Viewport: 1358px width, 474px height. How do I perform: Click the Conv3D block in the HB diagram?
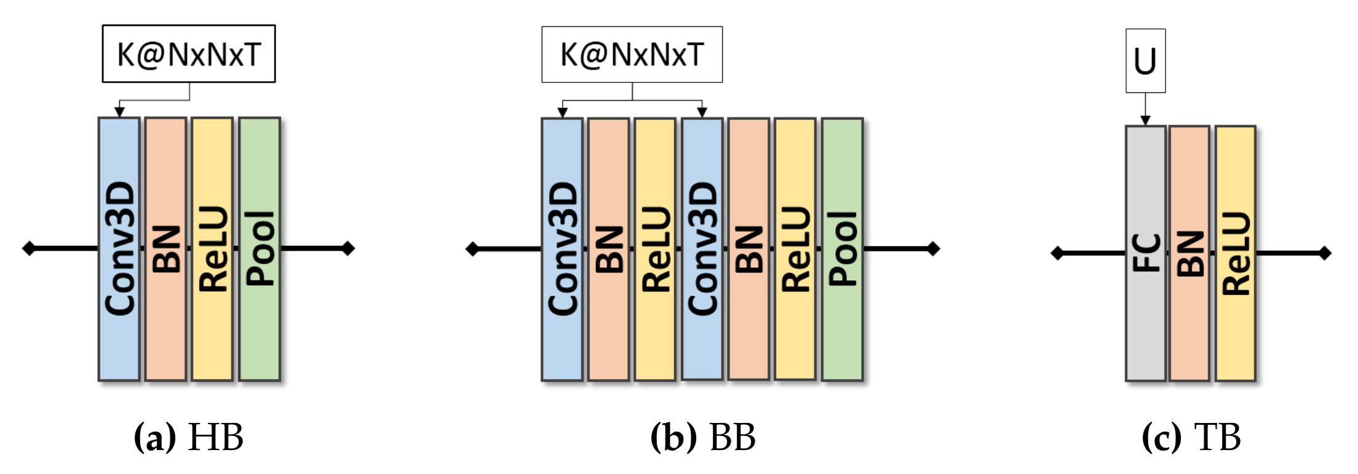[119, 249]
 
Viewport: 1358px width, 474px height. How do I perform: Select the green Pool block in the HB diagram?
[260, 249]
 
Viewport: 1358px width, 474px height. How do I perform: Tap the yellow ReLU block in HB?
[212, 249]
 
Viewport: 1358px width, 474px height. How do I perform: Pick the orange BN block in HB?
[166, 249]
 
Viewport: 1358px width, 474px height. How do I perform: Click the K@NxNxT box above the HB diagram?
[189, 54]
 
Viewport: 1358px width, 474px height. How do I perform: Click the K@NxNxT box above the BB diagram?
[632, 54]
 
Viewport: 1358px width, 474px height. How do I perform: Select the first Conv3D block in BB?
[562, 249]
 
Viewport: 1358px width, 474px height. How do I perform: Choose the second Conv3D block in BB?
[702, 249]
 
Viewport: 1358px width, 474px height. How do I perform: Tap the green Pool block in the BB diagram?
[843, 249]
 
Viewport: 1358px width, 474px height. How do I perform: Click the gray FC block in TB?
[1146, 253]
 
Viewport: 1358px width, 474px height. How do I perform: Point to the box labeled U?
[1145, 61]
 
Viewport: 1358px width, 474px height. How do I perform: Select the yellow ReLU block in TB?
[1236, 253]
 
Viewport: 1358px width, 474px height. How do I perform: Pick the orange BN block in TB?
[1190, 253]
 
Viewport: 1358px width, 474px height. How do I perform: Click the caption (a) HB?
[189, 438]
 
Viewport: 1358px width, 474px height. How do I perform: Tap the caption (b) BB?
[703, 438]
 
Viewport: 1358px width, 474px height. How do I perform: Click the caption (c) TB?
[1191, 438]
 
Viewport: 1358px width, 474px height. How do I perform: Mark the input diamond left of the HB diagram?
[29, 248]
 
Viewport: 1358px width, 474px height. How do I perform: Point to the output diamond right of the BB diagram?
[933, 248]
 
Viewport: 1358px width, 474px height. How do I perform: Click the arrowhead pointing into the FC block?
[1145, 120]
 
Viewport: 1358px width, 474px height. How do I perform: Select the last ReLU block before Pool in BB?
[795, 249]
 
